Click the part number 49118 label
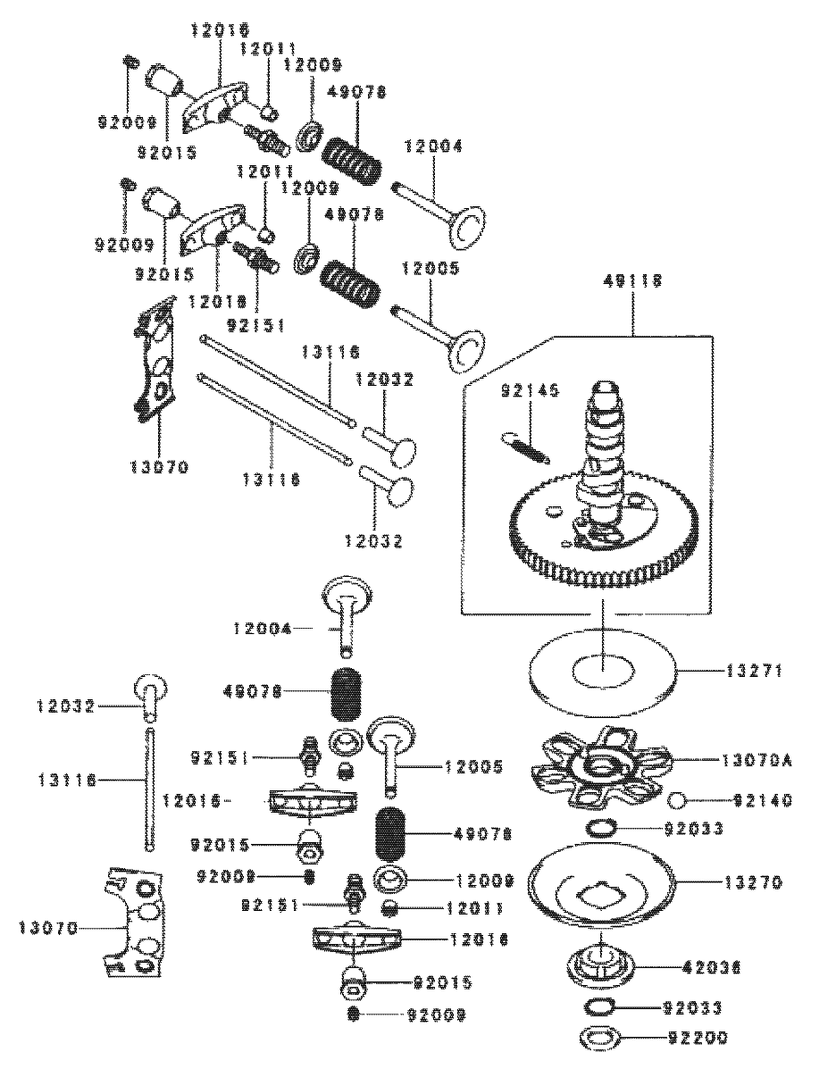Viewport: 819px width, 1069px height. pos(634,280)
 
